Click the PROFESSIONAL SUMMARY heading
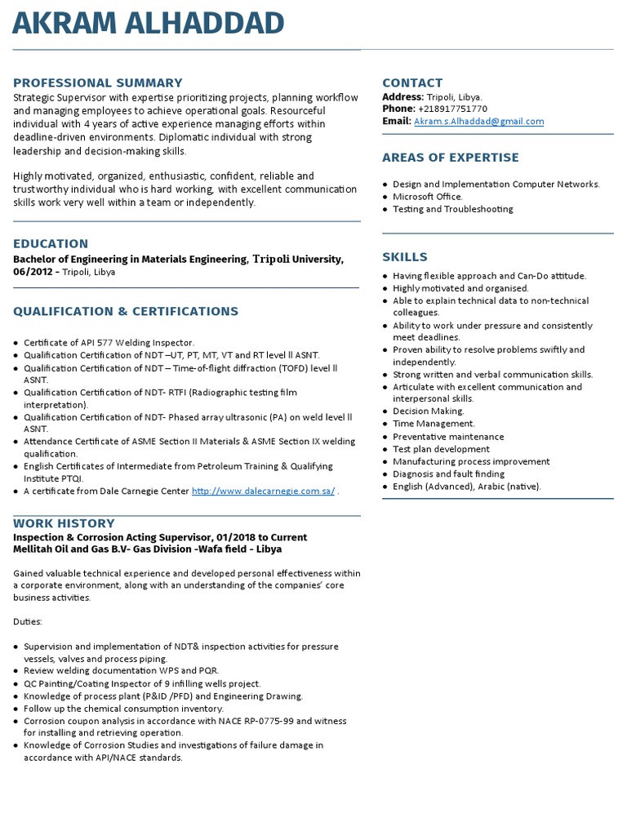point(98,82)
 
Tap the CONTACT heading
point(412,82)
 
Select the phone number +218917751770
point(452,109)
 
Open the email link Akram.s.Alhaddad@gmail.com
point(478,122)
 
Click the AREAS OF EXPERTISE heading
point(450,158)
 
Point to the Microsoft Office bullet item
point(427,197)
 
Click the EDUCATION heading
point(51,243)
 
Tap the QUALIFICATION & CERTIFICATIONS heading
point(126,311)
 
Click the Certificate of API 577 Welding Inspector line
point(109,342)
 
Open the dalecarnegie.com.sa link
point(263,491)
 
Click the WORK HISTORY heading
point(64,523)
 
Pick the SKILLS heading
point(405,257)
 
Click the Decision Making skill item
point(428,411)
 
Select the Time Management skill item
point(433,424)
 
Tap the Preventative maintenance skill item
point(448,437)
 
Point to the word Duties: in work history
point(28,622)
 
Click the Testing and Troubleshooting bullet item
point(452,209)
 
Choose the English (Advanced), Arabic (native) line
point(466,487)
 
